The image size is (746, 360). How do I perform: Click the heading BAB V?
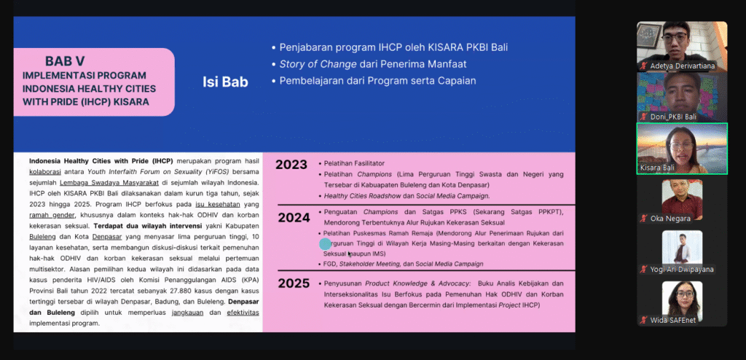tap(65, 61)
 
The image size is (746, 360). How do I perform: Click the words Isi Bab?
tap(226, 82)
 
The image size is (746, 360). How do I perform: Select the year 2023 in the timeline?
tap(291, 165)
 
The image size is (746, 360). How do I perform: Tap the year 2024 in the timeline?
tap(294, 218)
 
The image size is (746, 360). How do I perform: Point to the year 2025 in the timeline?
tap(294, 283)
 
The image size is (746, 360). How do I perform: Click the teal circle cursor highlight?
tap(325, 244)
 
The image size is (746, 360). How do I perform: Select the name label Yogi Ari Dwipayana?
tap(682, 270)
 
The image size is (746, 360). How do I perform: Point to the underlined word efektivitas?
tap(243, 313)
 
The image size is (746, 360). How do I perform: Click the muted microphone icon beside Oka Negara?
tap(644, 219)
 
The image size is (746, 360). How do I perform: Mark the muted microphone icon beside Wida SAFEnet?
tap(644, 321)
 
